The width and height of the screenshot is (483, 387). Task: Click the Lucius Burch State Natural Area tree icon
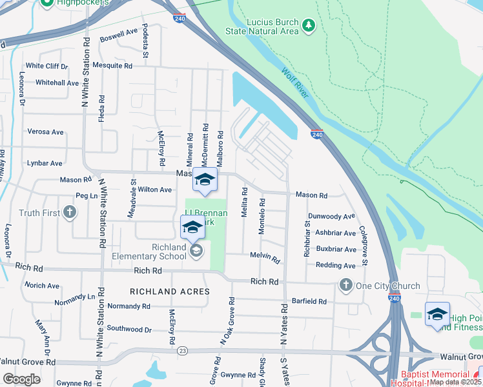point(309,25)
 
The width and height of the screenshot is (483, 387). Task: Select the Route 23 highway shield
point(183,351)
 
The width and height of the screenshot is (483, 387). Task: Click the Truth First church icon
point(69,212)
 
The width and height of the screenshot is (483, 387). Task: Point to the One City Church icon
point(345,285)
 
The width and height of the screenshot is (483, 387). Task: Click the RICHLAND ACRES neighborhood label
point(170,292)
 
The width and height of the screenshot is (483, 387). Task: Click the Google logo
point(22,379)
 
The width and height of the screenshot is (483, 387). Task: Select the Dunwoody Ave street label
point(332,217)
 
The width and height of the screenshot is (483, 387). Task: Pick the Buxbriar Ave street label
point(336,249)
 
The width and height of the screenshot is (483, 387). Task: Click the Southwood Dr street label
point(129,329)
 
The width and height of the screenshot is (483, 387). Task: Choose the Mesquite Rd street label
point(112,66)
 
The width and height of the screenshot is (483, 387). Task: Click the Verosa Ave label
point(45,132)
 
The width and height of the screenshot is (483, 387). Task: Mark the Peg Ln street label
point(86,195)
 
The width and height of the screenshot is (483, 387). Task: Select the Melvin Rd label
point(265,257)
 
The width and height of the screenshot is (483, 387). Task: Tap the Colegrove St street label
point(364,244)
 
